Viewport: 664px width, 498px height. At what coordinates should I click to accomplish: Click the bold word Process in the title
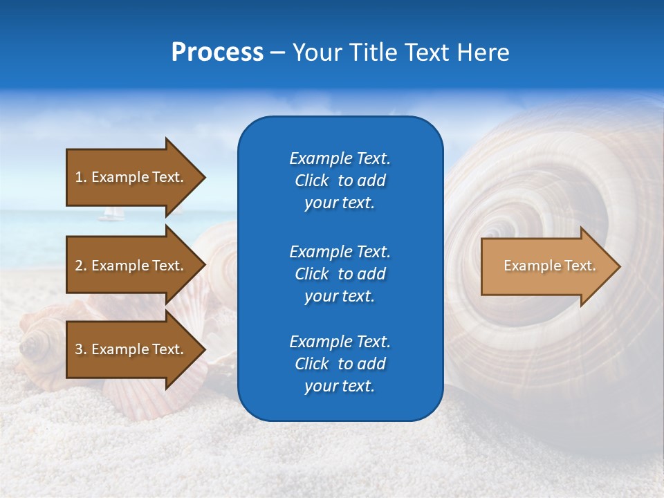tap(217, 53)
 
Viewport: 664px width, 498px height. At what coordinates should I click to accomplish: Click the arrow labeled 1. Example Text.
tap(131, 177)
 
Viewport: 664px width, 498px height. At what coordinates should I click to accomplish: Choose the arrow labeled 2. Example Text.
tap(131, 266)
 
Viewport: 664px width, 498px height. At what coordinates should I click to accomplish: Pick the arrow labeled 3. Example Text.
tap(131, 349)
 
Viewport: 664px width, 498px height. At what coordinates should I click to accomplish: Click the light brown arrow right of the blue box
tap(546, 266)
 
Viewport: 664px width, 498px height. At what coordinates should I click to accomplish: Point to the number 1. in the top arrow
tap(81, 177)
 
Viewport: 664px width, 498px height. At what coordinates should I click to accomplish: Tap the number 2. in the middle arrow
tap(81, 266)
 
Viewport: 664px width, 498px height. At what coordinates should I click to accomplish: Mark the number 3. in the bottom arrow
tap(81, 349)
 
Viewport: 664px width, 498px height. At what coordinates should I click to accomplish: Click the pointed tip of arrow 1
tap(202, 177)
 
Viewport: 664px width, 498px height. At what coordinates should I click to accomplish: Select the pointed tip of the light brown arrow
tap(617, 266)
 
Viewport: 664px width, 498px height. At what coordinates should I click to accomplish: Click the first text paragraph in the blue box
tap(340, 181)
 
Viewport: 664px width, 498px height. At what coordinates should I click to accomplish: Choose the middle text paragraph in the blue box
tap(340, 274)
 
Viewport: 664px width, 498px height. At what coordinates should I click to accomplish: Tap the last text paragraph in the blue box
tap(340, 364)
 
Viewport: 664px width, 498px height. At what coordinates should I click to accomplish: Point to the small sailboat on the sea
tap(111, 214)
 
